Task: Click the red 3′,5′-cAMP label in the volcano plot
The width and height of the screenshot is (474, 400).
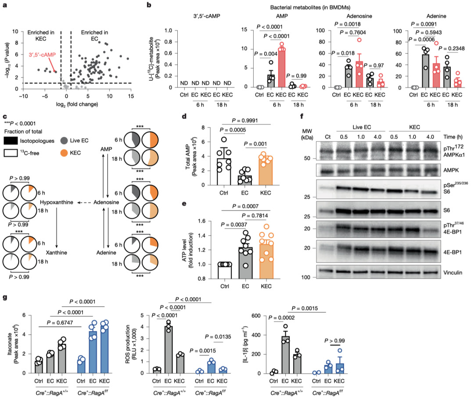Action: [41, 56]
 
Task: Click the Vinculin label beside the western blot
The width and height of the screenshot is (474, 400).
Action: [449, 272]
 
